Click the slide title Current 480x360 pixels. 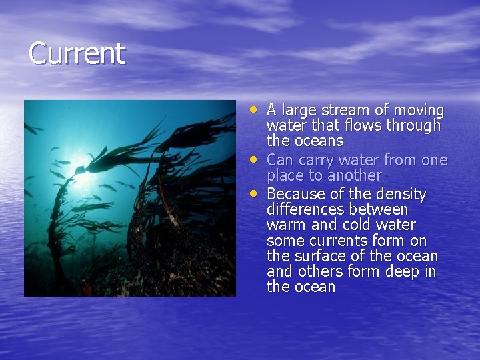click(x=77, y=54)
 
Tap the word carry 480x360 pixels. click(x=331, y=160)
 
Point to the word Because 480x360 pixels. click(x=295, y=194)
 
